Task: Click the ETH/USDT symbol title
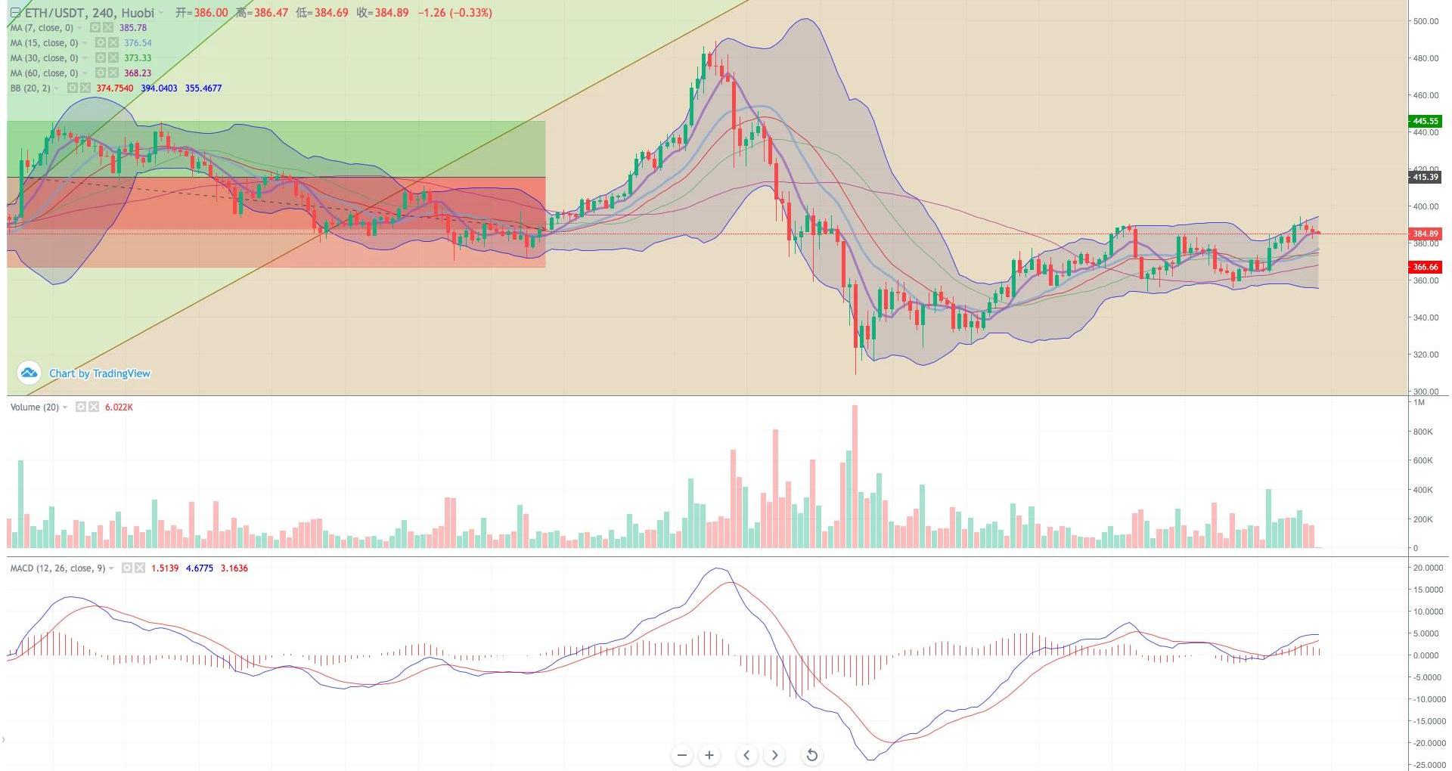[x=89, y=13]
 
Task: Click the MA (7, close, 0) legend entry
[x=42, y=28]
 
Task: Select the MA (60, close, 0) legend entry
[x=44, y=73]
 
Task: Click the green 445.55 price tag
[x=1425, y=121]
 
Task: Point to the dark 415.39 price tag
[x=1425, y=177]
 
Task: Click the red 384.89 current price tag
[x=1425, y=234]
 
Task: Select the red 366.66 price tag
[x=1425, y=267]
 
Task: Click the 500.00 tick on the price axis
[x=1425, y=21]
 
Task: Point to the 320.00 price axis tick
[x=1425, y=355]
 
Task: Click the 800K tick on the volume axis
[x=1423, y=432]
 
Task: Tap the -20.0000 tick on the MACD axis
[x=1429, y=743]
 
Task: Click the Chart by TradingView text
[x=100, y=373]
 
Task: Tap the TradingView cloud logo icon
[x=29, y=373]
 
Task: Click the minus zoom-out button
[x=682, y=755]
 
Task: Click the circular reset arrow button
[x=811, y=755]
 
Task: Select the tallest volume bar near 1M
[x=855, y=476]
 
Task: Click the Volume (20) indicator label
[x=34, y=407]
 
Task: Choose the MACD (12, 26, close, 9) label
[x=57, y=568]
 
